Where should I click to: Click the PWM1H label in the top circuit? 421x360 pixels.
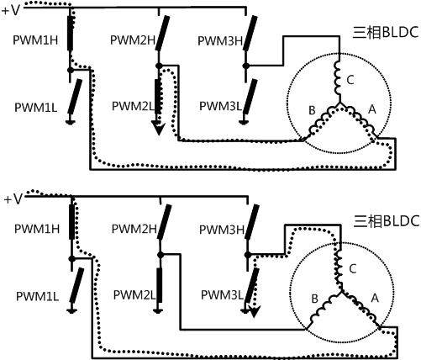point(35,40)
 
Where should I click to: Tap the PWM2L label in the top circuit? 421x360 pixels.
point(133,106)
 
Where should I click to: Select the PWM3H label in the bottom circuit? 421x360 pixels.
point(222,230)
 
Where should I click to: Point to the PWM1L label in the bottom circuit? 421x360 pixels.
point(37,297)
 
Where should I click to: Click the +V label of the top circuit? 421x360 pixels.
point(11,11)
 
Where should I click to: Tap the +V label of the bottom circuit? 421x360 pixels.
point(13,199)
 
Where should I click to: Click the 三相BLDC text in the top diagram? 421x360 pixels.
point(386,32)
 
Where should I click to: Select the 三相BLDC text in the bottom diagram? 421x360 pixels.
point(387,221)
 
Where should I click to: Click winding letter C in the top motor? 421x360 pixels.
point(350,80)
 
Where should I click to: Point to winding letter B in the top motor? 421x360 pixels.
point(312,110)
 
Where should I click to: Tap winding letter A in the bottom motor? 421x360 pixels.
point(375,298)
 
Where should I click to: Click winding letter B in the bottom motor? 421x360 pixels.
point(314,299)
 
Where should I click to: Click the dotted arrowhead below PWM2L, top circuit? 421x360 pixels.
point(159,127)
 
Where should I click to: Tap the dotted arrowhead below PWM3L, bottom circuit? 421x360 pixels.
point(254,311)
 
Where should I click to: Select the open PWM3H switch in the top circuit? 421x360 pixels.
point(250,33)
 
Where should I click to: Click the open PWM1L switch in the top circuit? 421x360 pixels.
point(75,96)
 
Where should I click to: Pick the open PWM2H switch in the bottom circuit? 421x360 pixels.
point(165,222)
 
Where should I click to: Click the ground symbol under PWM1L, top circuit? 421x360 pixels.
point(71,121)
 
